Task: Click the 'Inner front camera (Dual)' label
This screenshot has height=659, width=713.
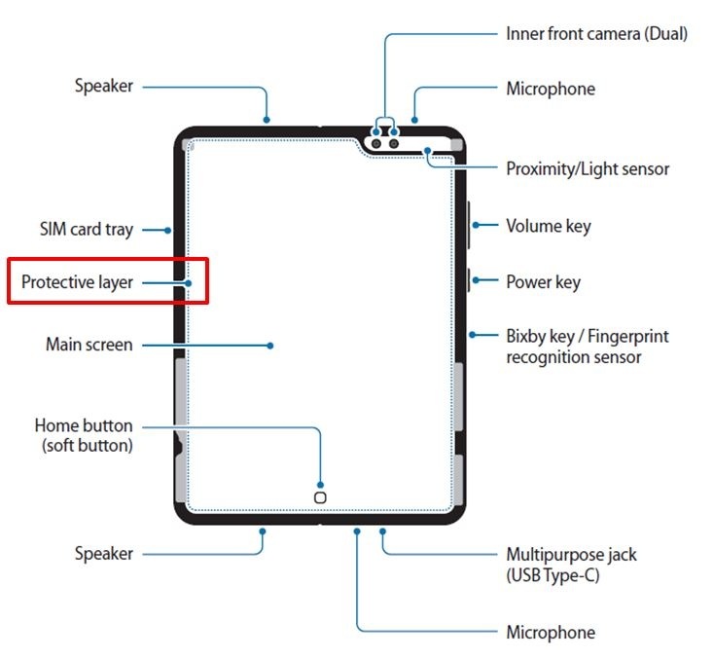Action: point(596,33)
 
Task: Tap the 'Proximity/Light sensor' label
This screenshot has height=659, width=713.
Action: point(588,168)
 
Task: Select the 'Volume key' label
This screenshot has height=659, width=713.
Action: point(548,226)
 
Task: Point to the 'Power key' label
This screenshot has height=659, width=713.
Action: point(543,282)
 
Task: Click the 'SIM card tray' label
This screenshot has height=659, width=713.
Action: point(86,230)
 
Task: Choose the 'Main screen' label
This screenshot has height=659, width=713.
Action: point(89,345)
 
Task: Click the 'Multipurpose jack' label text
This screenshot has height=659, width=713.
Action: point(571,554)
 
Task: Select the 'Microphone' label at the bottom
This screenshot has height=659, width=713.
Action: point(550,633)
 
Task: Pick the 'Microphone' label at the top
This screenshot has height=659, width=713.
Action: point(550,89)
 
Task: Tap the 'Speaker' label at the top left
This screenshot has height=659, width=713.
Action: point(104,86)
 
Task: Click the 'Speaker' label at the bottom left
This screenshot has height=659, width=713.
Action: point(104,554)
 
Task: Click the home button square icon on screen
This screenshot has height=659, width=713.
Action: point(321,494)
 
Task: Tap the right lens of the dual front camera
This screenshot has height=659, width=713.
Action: point(394,144)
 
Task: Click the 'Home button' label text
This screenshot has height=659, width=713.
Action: point(84,425)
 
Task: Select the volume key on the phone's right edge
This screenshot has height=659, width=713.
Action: point(469,226)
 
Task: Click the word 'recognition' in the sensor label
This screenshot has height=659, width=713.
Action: point(549,357)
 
